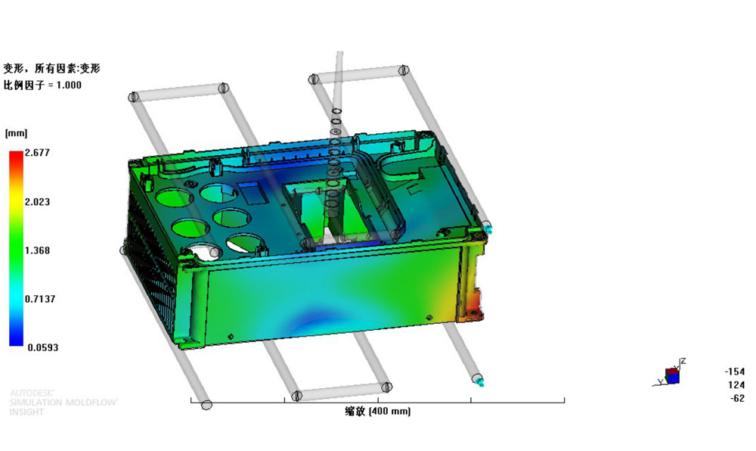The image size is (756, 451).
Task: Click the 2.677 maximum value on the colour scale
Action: coord(37,153)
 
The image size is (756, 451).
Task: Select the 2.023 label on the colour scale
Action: coord(37,201)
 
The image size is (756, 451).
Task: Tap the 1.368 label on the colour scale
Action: coord(37,250)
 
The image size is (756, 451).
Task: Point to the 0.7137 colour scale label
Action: coord(40,299)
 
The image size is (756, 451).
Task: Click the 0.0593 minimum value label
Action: coord(43,348)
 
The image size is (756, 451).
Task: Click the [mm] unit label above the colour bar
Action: coord(17,133)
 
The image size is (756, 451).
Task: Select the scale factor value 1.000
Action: coord(69,86)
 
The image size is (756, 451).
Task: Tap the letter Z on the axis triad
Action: coord(683,361)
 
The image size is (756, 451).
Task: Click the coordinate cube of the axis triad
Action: coord(672,376)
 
